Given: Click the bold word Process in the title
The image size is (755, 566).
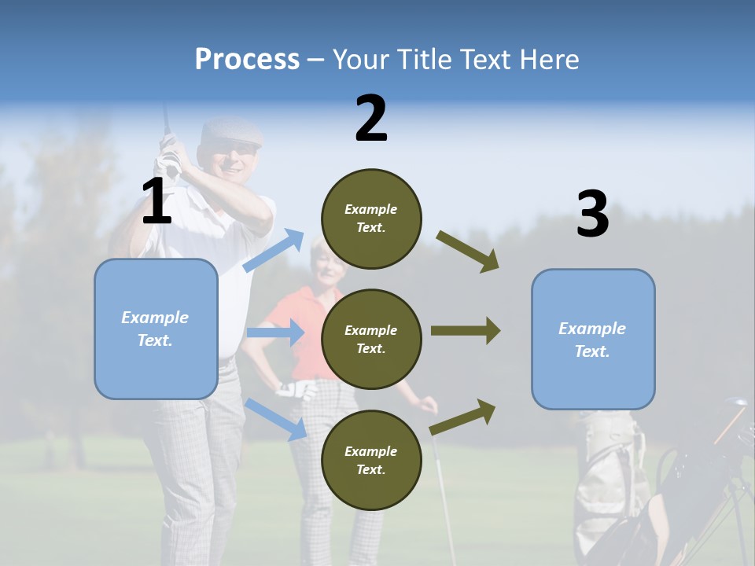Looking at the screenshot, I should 247,60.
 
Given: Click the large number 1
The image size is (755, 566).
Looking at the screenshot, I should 157,202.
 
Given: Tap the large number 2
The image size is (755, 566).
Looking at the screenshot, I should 371,119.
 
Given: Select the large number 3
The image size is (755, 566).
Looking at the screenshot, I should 592,215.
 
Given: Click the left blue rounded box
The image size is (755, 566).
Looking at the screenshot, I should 156,329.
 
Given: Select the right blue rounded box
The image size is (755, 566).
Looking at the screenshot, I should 593,339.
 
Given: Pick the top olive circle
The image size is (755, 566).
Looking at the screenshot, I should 371,219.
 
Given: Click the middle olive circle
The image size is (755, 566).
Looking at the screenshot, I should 371,339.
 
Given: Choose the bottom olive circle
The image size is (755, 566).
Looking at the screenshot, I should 371,460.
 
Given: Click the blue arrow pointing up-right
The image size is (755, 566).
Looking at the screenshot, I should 274,251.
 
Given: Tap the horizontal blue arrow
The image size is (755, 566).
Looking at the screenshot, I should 275,333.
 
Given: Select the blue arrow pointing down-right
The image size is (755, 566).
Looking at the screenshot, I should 276,420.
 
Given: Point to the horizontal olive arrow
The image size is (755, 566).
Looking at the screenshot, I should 466,330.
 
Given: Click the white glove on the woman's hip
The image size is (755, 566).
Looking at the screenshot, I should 298,389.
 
